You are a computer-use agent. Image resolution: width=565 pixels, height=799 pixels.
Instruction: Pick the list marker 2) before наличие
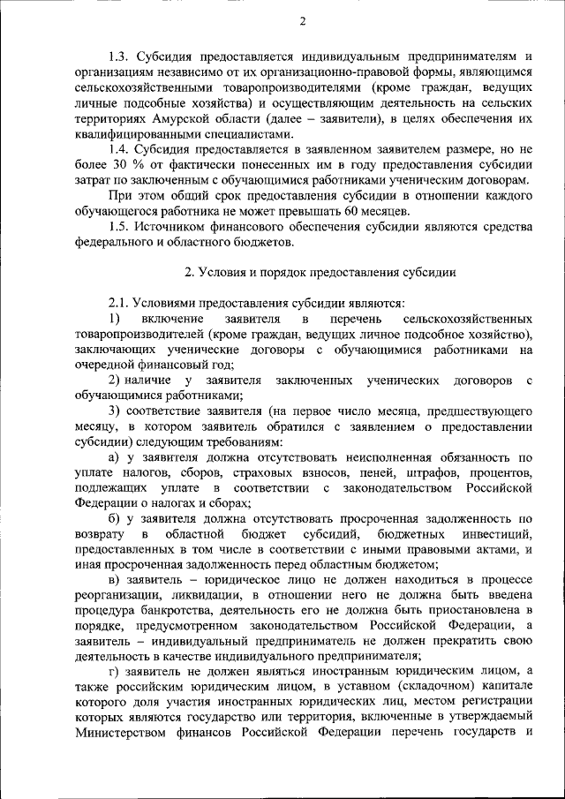114,380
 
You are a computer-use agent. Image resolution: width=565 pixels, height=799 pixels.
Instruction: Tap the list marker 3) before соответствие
114,411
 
